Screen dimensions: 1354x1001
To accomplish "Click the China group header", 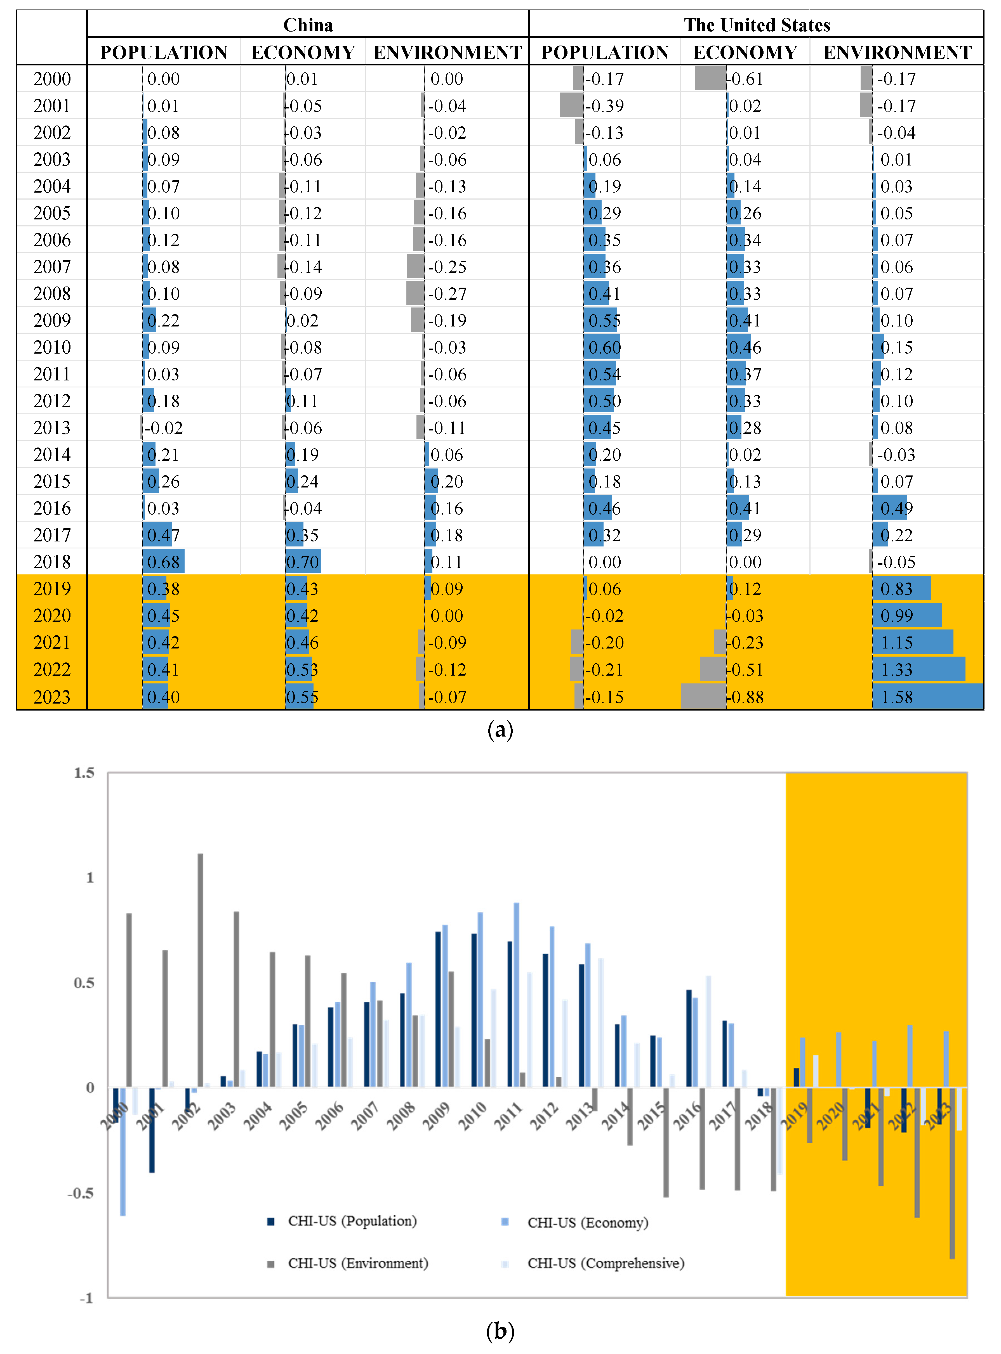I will tap(308, 25).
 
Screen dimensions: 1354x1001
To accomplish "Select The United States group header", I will tap(757, 25).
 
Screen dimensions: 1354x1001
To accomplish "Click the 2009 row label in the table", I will tap(52, 320).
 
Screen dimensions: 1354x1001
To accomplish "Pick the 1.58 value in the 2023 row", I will tap(897, 697).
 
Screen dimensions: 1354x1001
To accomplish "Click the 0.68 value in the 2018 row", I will tap(164, 562).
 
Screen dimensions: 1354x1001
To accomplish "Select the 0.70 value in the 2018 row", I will tap(302, 562).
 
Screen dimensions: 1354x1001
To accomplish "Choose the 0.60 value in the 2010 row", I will tap(605, 347).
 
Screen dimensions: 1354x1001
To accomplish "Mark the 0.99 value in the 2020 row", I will tap(897, 616).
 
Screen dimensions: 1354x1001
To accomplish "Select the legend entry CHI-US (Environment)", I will tap(357, 1263).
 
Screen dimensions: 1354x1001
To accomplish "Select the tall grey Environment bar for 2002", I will tap(201, 969).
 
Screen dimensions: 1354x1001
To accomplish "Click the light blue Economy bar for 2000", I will tap(123, 1151).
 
